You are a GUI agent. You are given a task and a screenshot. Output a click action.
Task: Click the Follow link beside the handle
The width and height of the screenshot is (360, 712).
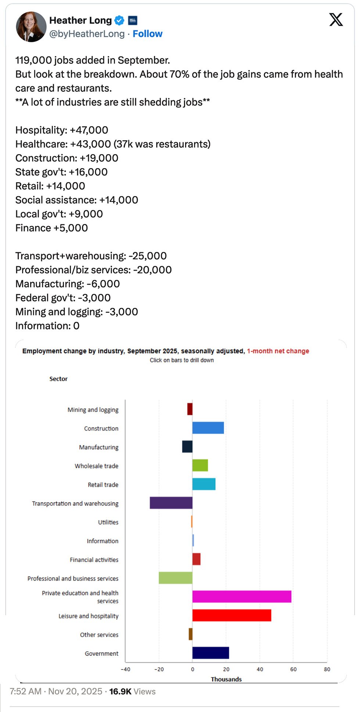pyautogui.click(x=147, y=34)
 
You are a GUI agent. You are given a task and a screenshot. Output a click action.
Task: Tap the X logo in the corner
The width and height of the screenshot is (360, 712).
pyautogui.click(x=336, y=19)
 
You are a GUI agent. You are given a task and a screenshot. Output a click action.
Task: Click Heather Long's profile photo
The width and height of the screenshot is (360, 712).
pyautogui.click(x=31, y=27)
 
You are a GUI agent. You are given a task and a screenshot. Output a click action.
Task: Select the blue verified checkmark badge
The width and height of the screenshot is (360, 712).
pyautogui.click(x=119, y=21)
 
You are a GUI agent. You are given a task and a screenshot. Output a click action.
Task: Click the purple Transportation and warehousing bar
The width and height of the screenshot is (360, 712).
pyautogui.click(x=171, y=503)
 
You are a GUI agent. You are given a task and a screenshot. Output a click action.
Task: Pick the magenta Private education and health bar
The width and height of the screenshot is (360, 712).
pyautogui.click(x=242, y=596)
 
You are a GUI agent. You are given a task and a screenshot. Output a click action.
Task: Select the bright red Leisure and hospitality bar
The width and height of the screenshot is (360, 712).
pyautogui.click(x=231, y=615)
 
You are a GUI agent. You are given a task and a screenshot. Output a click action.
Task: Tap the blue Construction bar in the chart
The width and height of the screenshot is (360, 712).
pyautogui.click(x=208, y=428)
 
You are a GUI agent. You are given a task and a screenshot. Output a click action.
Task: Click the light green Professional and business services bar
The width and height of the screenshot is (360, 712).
pyautogui.click(x=175, y=578)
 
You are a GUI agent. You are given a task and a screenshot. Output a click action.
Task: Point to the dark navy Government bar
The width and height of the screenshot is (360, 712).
pyautogui.click(x=210, y=653)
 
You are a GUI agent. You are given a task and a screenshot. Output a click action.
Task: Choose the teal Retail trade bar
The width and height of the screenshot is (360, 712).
pyautogui.click(x=204, y=484)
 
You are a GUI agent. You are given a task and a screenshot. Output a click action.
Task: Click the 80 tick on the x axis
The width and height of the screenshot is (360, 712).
pyautogui.click(x=327, y=669)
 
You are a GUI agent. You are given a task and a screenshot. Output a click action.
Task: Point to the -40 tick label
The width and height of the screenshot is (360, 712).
pyautogui.click(x=126, y=669)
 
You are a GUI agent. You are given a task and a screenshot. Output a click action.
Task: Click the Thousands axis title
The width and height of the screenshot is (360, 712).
pyautogui.click(x=226, y=679)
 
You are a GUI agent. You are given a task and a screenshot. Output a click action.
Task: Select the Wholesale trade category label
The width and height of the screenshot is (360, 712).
pyautogui.click(x=97, y=466)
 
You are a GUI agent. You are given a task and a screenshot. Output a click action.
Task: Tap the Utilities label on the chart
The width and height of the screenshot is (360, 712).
pyautogui.click(x=108, y=522)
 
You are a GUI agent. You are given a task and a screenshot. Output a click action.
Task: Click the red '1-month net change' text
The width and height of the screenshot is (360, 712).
pyautogui.click(x=278, y=351)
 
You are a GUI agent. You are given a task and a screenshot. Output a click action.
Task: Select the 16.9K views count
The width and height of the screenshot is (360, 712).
pyautogui.click(x=120, y=691)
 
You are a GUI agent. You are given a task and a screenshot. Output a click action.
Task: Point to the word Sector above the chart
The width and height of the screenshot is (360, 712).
pyautogui.click(x=58, y=379)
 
